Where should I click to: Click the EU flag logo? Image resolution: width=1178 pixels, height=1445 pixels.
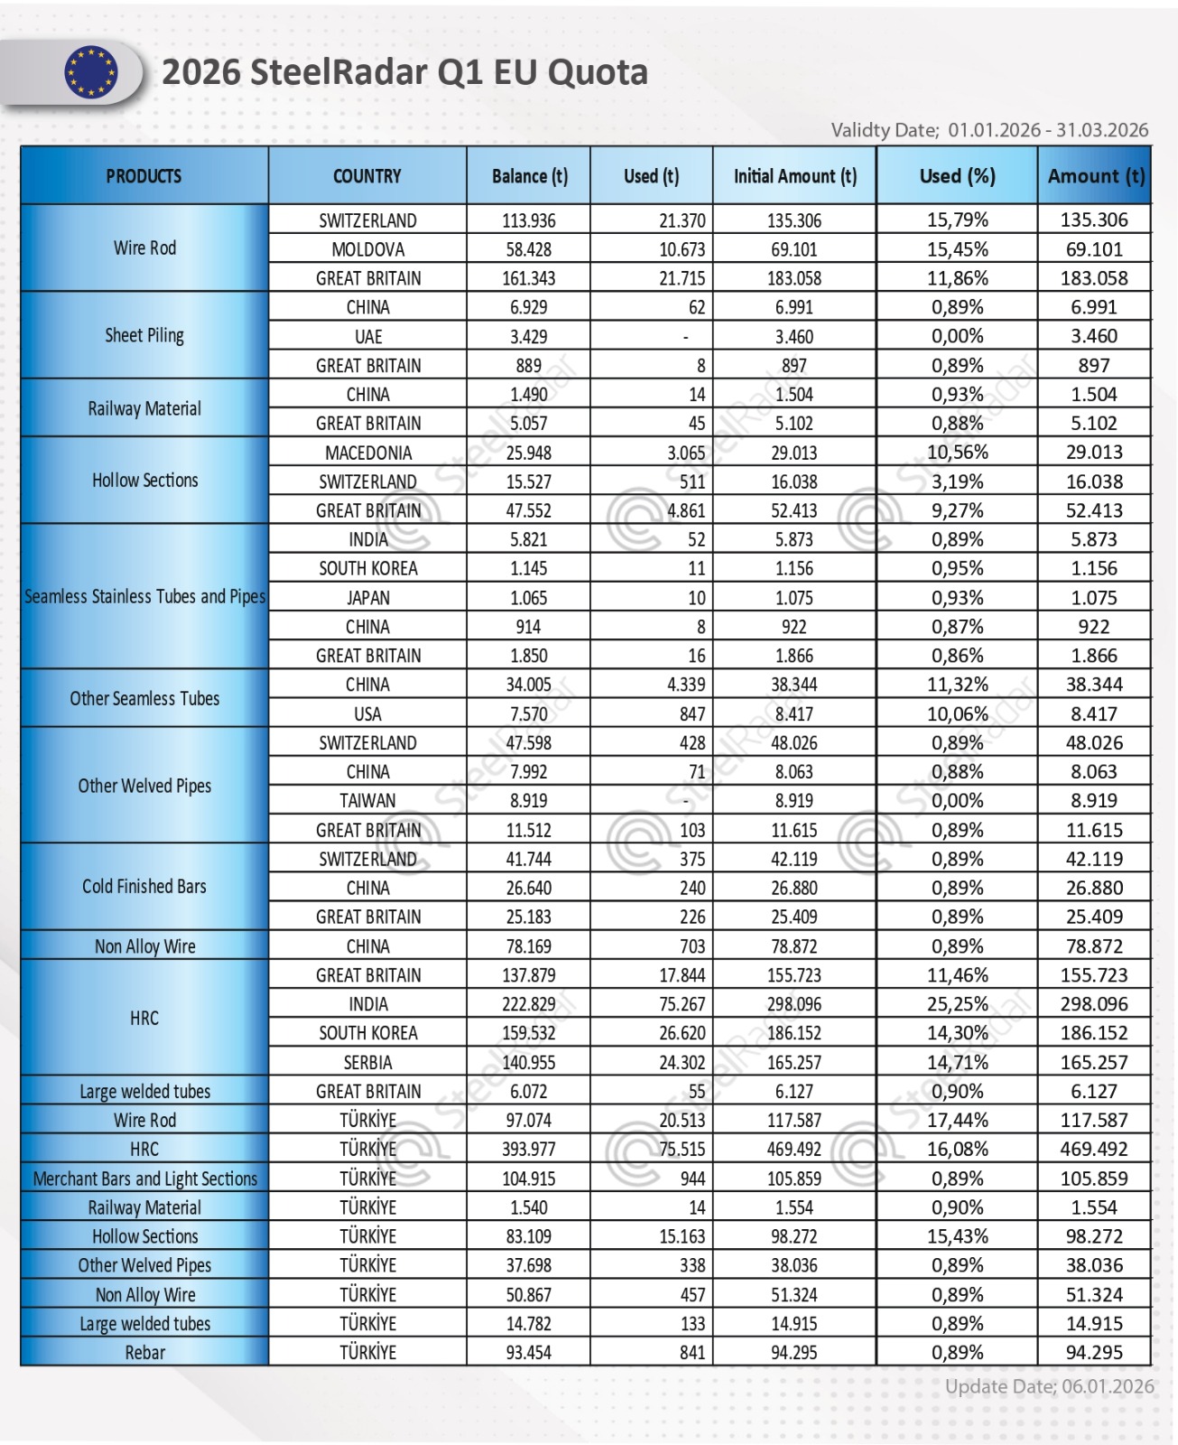coord(90,72)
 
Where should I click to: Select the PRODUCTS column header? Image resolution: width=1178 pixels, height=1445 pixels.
coord(144,176)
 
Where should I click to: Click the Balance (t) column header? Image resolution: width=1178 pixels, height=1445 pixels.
coord(529,176)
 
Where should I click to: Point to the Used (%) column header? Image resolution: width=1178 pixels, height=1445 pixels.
coord(957,176)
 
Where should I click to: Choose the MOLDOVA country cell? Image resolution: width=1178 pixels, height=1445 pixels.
coord(367,249)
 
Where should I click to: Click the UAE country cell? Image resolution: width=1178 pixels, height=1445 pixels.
coord(367,337)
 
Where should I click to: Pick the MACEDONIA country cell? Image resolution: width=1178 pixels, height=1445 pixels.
coord(367,452)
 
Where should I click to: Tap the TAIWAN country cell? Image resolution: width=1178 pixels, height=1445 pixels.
coord(367,801)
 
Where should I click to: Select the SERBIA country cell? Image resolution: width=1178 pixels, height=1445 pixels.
coord(367,1062)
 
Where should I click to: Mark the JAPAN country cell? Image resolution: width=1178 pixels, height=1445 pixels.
coord(367,598)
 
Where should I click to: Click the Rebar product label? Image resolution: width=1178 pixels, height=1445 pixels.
coord(144,1353)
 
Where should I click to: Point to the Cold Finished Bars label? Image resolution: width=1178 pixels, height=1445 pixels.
coord(144,887)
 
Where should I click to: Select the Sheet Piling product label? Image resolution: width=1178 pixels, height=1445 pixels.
coord(144,336)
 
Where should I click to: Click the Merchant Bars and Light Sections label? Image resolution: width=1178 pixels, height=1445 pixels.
coord(144,1179)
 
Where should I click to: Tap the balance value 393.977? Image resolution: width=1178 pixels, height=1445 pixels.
coord(529,1150)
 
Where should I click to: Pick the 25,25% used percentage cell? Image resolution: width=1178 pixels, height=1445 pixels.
coord(959,1004)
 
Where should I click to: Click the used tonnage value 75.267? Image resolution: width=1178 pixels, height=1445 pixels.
coord(682,1004)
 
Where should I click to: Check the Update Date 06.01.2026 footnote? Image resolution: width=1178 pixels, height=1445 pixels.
coord(1049,1386)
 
